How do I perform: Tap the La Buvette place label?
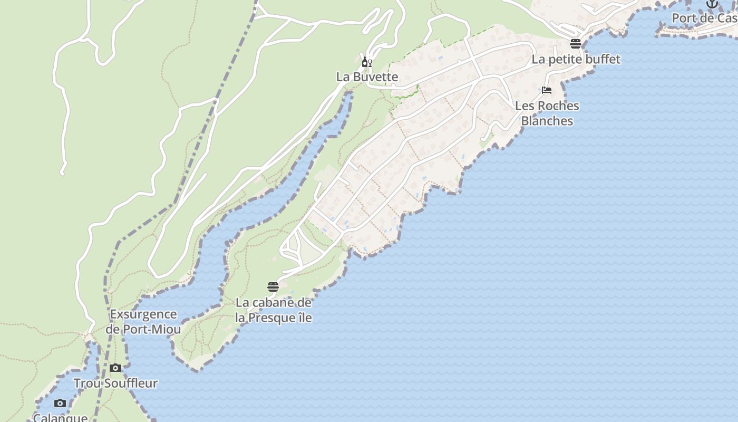367,76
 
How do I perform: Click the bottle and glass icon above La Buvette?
367,62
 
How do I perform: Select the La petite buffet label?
576,59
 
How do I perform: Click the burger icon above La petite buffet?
575,43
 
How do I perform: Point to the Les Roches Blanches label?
547,113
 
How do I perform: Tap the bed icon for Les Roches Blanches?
547,90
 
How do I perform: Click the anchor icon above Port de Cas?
712,4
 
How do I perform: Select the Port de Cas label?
704,18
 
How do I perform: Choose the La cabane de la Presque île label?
273,310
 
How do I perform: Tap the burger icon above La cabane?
273,287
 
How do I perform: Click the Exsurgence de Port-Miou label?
143,322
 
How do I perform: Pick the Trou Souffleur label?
115,383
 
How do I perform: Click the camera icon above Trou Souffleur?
115,368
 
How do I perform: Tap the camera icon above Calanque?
60,404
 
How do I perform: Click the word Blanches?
547,121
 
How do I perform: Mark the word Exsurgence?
143,314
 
